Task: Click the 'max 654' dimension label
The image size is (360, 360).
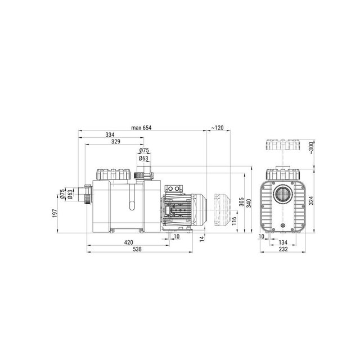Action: pos(141,128)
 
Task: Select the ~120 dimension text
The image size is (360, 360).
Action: pos(218,128)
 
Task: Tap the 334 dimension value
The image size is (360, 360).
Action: pos(110,134)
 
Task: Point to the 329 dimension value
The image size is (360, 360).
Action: pos(116,141)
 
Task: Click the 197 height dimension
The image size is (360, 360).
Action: pos(55,213)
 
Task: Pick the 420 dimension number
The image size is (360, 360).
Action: pos(129,242)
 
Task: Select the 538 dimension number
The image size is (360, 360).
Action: pos(137,249)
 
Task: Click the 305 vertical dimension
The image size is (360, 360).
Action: pos(241,202)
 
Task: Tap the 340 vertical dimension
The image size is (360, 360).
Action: pos(249,204)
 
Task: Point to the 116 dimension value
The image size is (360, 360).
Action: pos(234,221)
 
